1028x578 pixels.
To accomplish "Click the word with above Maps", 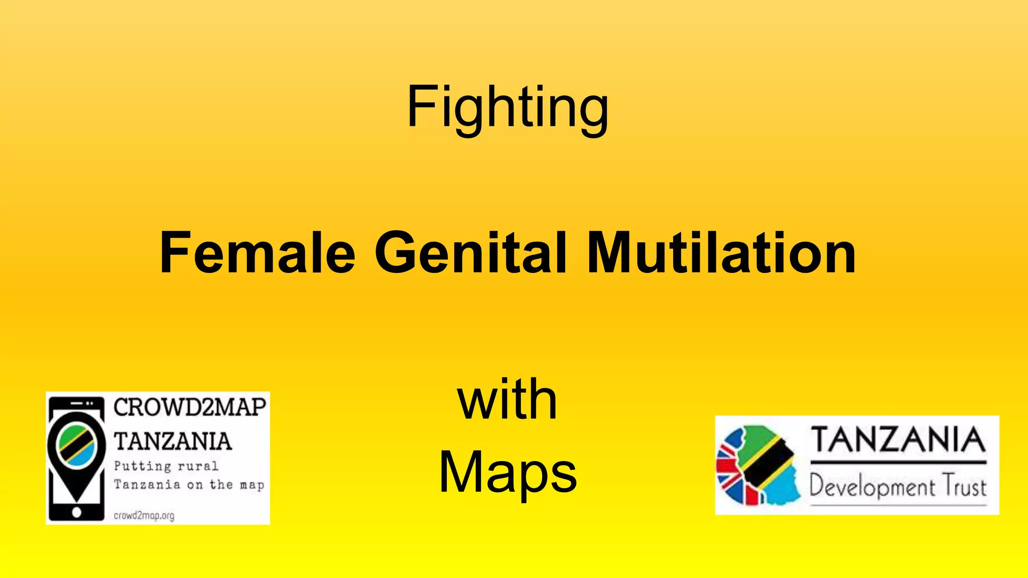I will [x=507, y=400].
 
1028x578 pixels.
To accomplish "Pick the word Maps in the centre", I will [x=507, y=472].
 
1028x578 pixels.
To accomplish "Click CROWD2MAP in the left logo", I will [x=190, y=407].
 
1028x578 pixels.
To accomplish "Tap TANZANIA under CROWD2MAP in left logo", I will [x=173, y=442].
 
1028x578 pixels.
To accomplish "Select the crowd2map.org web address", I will [x=144, y=515].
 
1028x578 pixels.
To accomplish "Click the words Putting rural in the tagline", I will [x=166, y=466].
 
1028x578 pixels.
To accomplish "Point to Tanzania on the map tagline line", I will [x=189, y=485].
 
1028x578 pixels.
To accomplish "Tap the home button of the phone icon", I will [x=76, y=512].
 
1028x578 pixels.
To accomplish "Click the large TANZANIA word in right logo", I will [x=898, y=440].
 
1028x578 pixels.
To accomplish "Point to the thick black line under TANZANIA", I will [x=898, y=462].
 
